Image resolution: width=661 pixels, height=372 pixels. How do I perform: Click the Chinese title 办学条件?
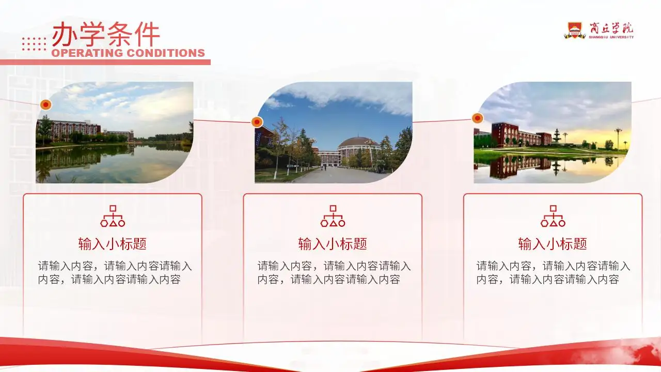click(106, 34)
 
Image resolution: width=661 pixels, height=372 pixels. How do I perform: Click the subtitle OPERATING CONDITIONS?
click(128, 53)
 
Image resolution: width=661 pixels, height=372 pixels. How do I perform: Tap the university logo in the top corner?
click(599, 30)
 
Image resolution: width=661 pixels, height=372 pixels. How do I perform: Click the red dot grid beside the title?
click(34, 44)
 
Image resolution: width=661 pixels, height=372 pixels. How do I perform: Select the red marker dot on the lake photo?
click(46, 105)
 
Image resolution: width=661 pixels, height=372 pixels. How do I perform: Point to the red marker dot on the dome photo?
click(257, 122)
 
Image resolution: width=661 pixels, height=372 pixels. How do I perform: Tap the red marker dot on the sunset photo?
click(478, 118)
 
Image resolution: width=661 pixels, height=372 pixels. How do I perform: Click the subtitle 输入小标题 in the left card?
click(113, 244)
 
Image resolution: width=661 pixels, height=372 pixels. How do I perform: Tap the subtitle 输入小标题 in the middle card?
click(333, 244)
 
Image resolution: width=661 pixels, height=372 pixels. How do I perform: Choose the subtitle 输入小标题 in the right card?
click(553, 244)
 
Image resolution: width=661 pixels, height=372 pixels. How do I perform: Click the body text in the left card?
click(115, 273)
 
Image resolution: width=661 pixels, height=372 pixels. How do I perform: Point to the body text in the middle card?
click(334, 273)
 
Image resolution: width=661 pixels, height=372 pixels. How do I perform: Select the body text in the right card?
click(553, 273)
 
